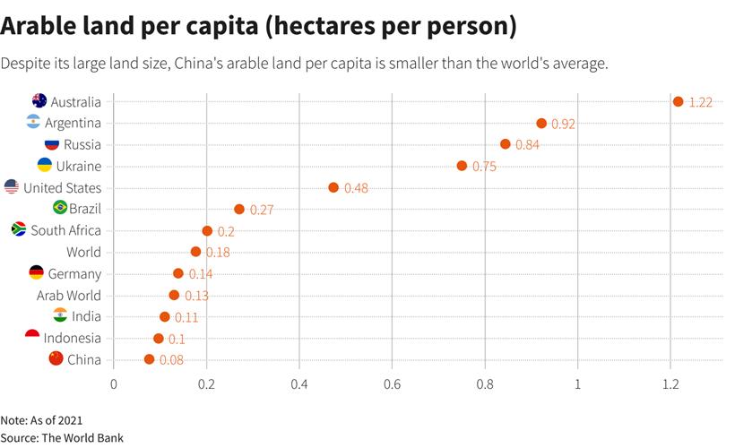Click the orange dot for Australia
[678, 101]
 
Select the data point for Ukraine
[462, 166]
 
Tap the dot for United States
[333, 187]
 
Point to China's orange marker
[149, 359]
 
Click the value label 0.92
[563, 124]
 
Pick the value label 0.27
[261, 210]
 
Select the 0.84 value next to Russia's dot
[527, 145]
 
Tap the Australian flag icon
[39, 100]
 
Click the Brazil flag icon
[60, 208]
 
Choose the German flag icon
[37, 272]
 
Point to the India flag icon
[60, 315]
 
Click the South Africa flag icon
[19, 229]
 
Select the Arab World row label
[69, 296]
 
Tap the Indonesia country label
[72, 339]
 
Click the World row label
[83, 253]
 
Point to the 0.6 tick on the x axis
[392, 384]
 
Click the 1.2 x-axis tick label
[670, 384]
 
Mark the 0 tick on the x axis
[114, 384]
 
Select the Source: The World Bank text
[62, 437]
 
